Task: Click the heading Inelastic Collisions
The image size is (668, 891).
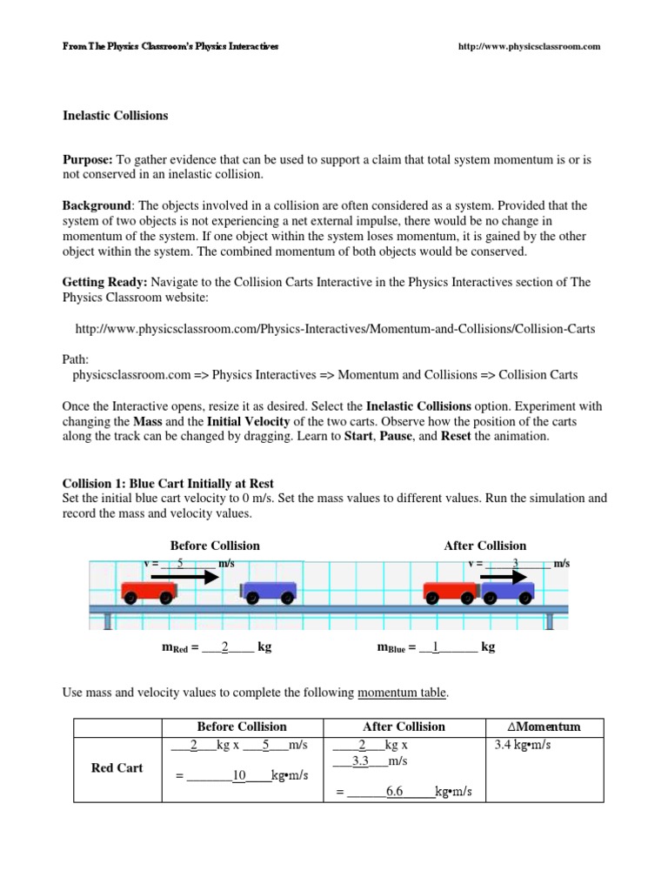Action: point(115,115)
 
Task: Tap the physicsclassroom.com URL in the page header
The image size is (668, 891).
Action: point(529,46)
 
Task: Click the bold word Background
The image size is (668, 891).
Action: point(96,206)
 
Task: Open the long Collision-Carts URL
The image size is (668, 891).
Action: point(336,330)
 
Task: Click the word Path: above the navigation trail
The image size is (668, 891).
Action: point(76,359)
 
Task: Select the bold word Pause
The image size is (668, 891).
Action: point(396,437)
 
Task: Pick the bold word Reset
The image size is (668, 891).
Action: point(456,437)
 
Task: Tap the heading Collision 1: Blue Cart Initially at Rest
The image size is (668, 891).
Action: point(169,483)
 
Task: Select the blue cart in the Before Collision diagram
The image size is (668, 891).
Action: point(268,592)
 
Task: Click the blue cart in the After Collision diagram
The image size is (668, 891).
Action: point(508,592)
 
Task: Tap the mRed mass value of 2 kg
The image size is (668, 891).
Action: point(224,647)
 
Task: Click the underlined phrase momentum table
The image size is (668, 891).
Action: point(402,693)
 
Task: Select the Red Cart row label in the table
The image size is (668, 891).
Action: point(117,767)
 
